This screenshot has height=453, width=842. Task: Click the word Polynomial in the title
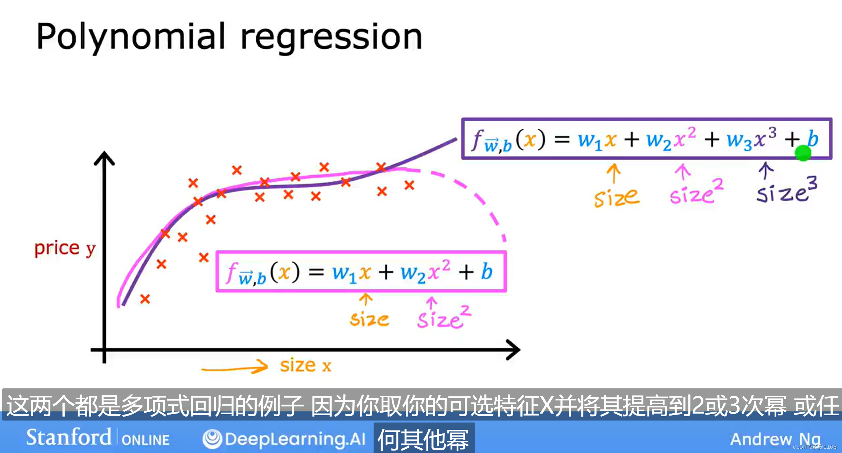click(x=131, y=36)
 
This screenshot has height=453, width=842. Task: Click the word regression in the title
click(x=331, y=37)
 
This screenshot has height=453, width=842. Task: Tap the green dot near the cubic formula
click(x=803, y=153)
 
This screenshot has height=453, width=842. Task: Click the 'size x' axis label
click(x=305, y=366)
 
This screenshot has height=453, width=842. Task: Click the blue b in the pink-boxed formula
click(x=486, y=272)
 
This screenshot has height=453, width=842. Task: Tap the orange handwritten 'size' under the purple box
click(x=616, y=198)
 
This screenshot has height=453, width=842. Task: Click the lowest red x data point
click(x=145, y=299)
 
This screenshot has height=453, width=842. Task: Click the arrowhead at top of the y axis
click(x=104, y=158)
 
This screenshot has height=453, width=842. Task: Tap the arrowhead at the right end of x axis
click(x=514, y=350)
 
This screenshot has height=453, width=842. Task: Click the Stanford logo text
click(x=69, y=437)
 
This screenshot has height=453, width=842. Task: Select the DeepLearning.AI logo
click(x=284, y=439)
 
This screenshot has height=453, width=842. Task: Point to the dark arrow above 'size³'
click(x=765, y=170)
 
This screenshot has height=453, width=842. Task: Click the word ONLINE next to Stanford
click(x=145, y=440)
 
